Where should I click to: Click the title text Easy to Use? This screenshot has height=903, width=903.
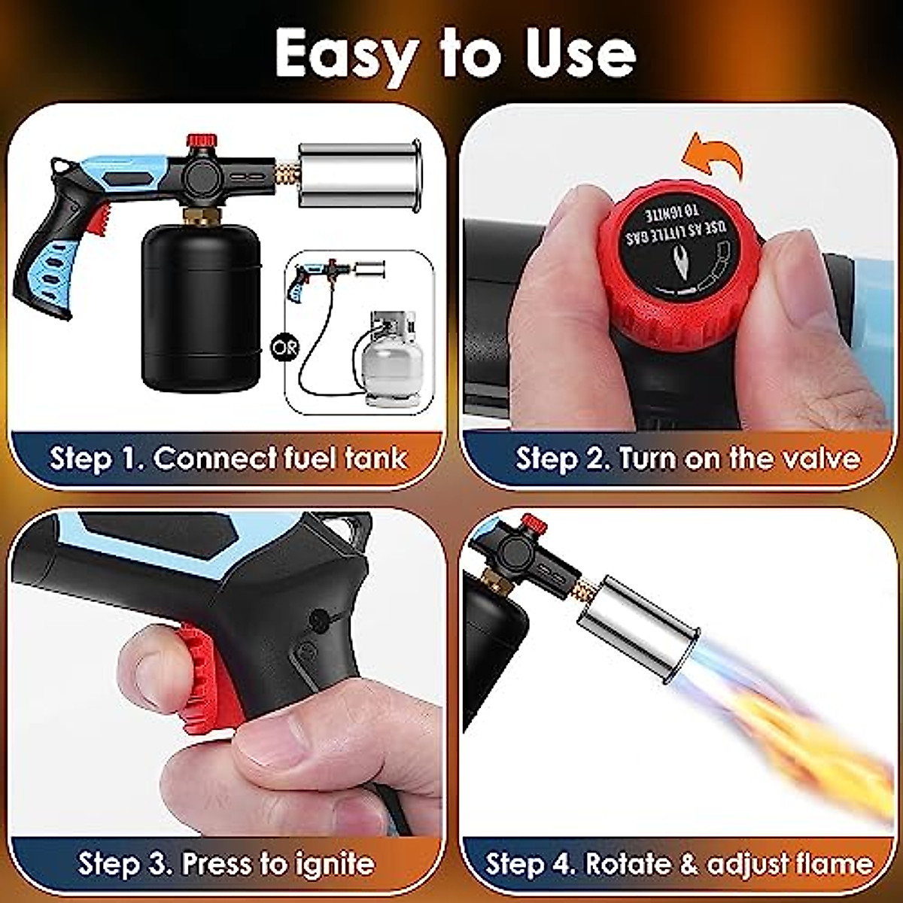pyautogui.click(x=455, y=54)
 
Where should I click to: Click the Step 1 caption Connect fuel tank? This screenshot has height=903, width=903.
pyautogui.click(x=229, y=458)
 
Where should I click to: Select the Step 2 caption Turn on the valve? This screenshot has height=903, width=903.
pyautogui.click(x=687, y=458)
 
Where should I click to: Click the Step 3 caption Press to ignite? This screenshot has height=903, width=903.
pyautogui.click(x=226, y=863)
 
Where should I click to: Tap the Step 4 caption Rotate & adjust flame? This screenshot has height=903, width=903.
pyautogui.click(x=679, y=863)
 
